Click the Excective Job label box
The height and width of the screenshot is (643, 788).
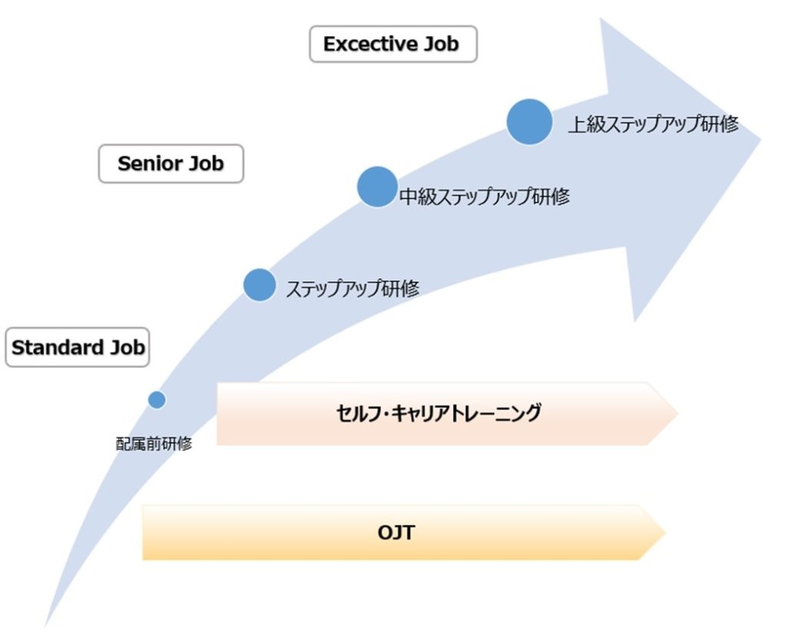pos(393,44)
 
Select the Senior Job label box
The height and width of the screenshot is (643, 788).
pos(171,163)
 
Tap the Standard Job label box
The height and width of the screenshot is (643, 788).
pos(78,347)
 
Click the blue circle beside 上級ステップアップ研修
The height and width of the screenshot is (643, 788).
pos(529,122)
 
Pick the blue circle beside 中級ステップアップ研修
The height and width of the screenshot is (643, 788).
pos(377,186)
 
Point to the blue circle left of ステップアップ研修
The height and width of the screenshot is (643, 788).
pos(259,285)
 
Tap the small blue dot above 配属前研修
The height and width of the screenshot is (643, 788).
pos(157,400)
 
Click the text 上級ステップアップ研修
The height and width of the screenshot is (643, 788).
pos(653,124)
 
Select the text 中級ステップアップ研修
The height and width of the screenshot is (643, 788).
pos(485,196)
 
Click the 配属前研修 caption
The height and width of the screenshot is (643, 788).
pos(154,444)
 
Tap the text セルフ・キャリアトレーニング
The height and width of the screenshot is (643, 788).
pos(438,414)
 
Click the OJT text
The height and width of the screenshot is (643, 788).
pos(396,532)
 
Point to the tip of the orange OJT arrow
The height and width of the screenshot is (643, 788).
pos(666,532)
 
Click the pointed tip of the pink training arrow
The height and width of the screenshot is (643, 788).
pos(678,414)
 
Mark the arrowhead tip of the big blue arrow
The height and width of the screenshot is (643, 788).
pos(761,139)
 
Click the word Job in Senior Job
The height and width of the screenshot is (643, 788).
pos(205,163)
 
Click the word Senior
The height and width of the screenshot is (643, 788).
pos(149,163)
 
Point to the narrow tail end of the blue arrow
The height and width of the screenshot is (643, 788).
pos(45,626)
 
